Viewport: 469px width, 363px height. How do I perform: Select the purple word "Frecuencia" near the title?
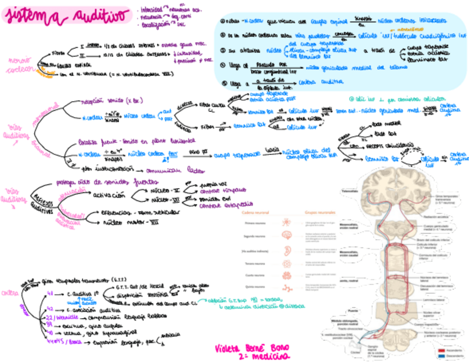[x=152, y=17]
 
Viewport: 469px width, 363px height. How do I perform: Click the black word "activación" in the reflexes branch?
[x=111, y=195]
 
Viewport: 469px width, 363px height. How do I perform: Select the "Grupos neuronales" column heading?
[x=320, y=212]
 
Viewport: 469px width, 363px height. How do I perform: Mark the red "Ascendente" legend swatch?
[x=441, y=351]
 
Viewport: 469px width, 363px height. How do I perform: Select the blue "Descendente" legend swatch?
[x=441, y=356]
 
